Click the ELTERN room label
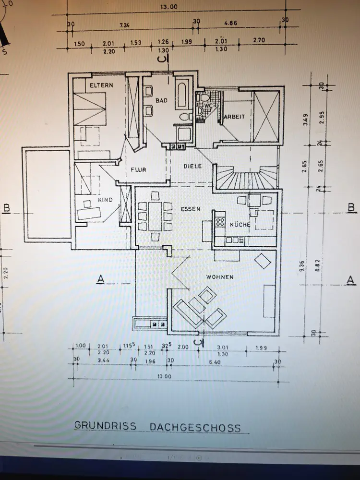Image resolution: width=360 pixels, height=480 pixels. (x=101, y=85)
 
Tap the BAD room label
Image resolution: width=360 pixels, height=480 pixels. (x=160, y=101)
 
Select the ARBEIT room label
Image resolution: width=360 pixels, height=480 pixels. (x=234, y=117)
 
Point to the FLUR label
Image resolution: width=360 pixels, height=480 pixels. (x=138, y=169)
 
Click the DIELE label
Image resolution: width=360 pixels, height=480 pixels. (x=192, y=166)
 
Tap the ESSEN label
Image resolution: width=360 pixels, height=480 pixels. (x=190, y=209)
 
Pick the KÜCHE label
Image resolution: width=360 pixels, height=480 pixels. (x=239, y=224)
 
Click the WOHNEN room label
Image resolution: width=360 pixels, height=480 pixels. (x=220, y=277)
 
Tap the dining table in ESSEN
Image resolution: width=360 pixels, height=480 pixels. (x=155, y=217)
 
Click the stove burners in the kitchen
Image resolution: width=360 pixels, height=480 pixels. (x=220, y=221)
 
